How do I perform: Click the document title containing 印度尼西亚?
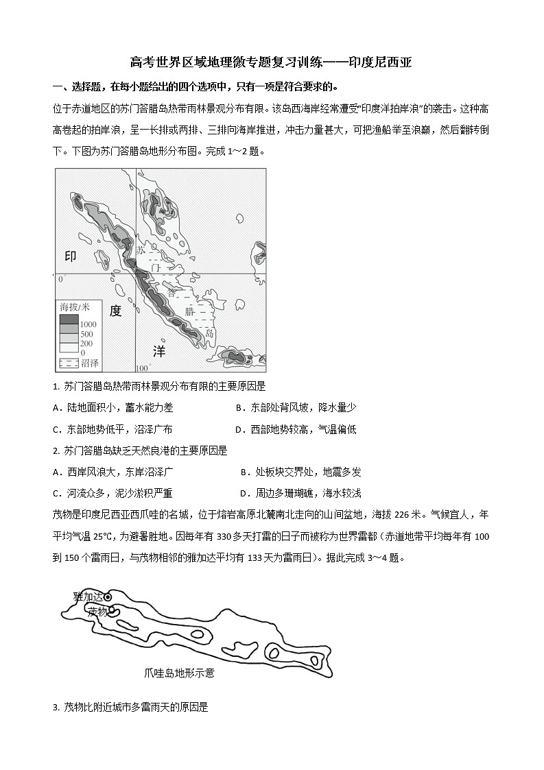pos(271,63)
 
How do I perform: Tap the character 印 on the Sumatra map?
pos(71,256)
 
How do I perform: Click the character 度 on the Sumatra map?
pos(115,311)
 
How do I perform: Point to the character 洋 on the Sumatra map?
pos(159,351)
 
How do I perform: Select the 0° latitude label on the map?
pos(60,279)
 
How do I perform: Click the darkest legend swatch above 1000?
pos(69,319)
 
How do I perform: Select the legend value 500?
pos(87,333)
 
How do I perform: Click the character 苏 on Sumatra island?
pos(141,251)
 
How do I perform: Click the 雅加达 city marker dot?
pos(108,598)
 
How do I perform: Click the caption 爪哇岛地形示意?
pos(179,673)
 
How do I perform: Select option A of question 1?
pos(113,407)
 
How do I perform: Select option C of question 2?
pos(113,493)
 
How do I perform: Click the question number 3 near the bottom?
pos(56,707)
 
